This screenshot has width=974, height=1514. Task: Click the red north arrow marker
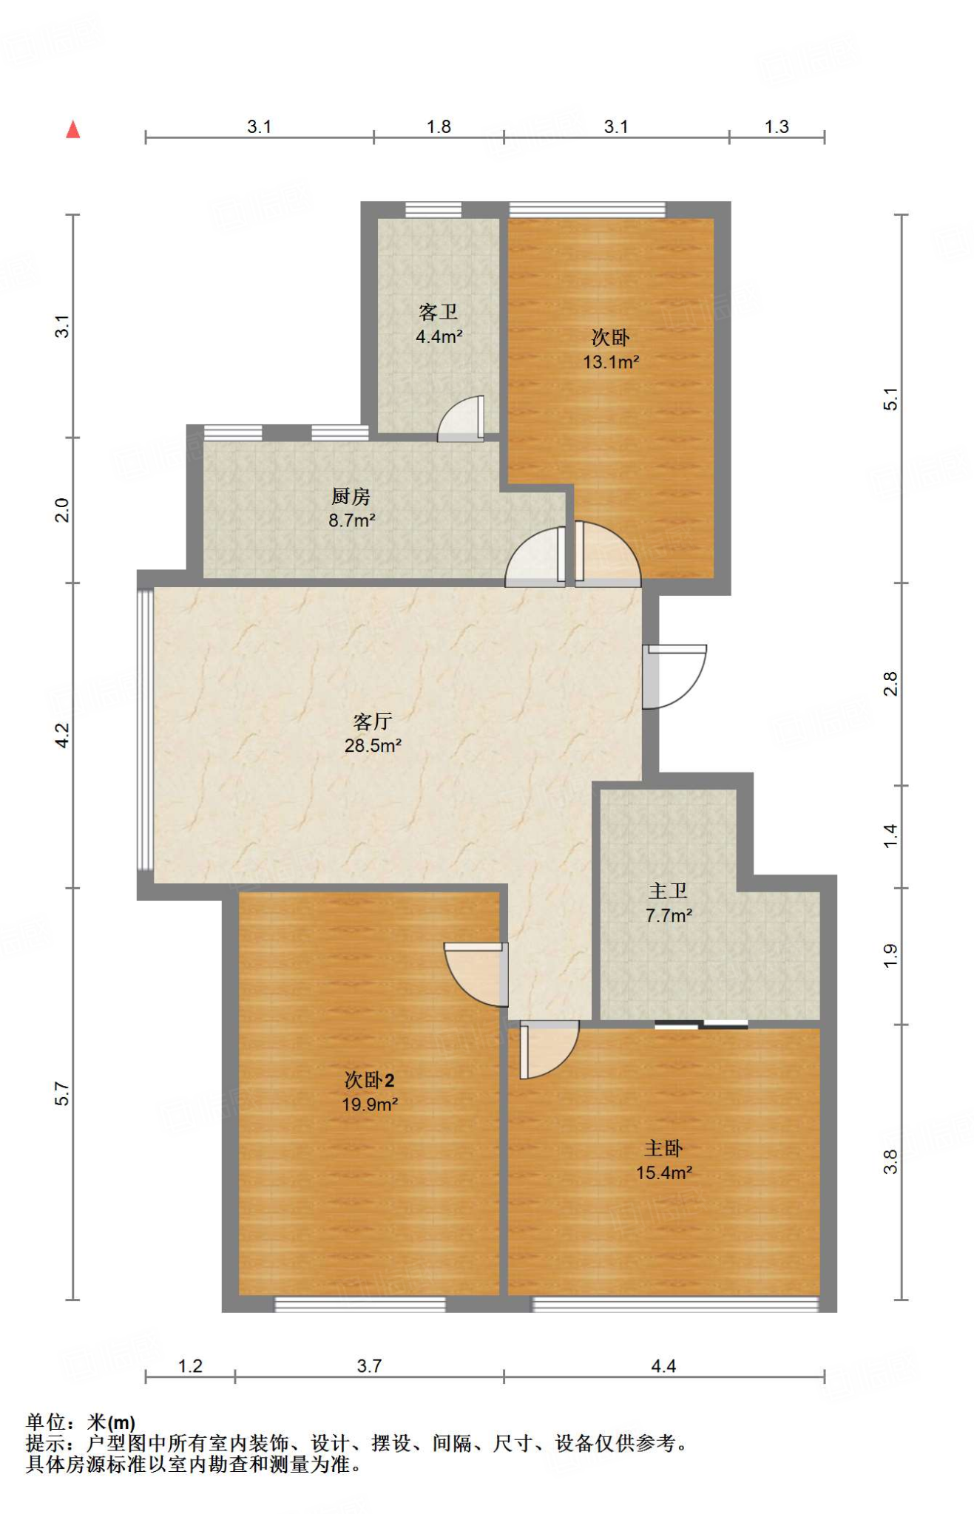pos(72,130)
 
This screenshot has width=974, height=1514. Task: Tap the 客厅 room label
pos(372,722)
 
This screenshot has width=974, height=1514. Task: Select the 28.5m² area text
pos(373,746)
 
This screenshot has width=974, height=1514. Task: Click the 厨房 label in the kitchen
pos(351,496)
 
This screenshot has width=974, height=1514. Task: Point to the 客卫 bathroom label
pos(439,312)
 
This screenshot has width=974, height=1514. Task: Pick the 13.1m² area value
pos(611,362)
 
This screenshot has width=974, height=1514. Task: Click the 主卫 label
pos(668,892)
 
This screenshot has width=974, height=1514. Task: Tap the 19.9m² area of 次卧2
pos(370,1104)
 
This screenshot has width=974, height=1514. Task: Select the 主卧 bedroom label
pos(663,1148)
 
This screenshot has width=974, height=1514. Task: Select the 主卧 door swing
pos(547,1048)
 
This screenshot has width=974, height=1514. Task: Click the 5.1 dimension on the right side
pos(891,399)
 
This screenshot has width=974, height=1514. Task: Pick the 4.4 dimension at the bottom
pos(663,1366)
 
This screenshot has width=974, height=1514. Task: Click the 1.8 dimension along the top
pos(439,127)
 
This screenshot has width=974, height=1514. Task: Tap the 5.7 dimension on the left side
pos(63,1094)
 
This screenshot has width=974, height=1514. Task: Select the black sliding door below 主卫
pos(701,1025)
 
